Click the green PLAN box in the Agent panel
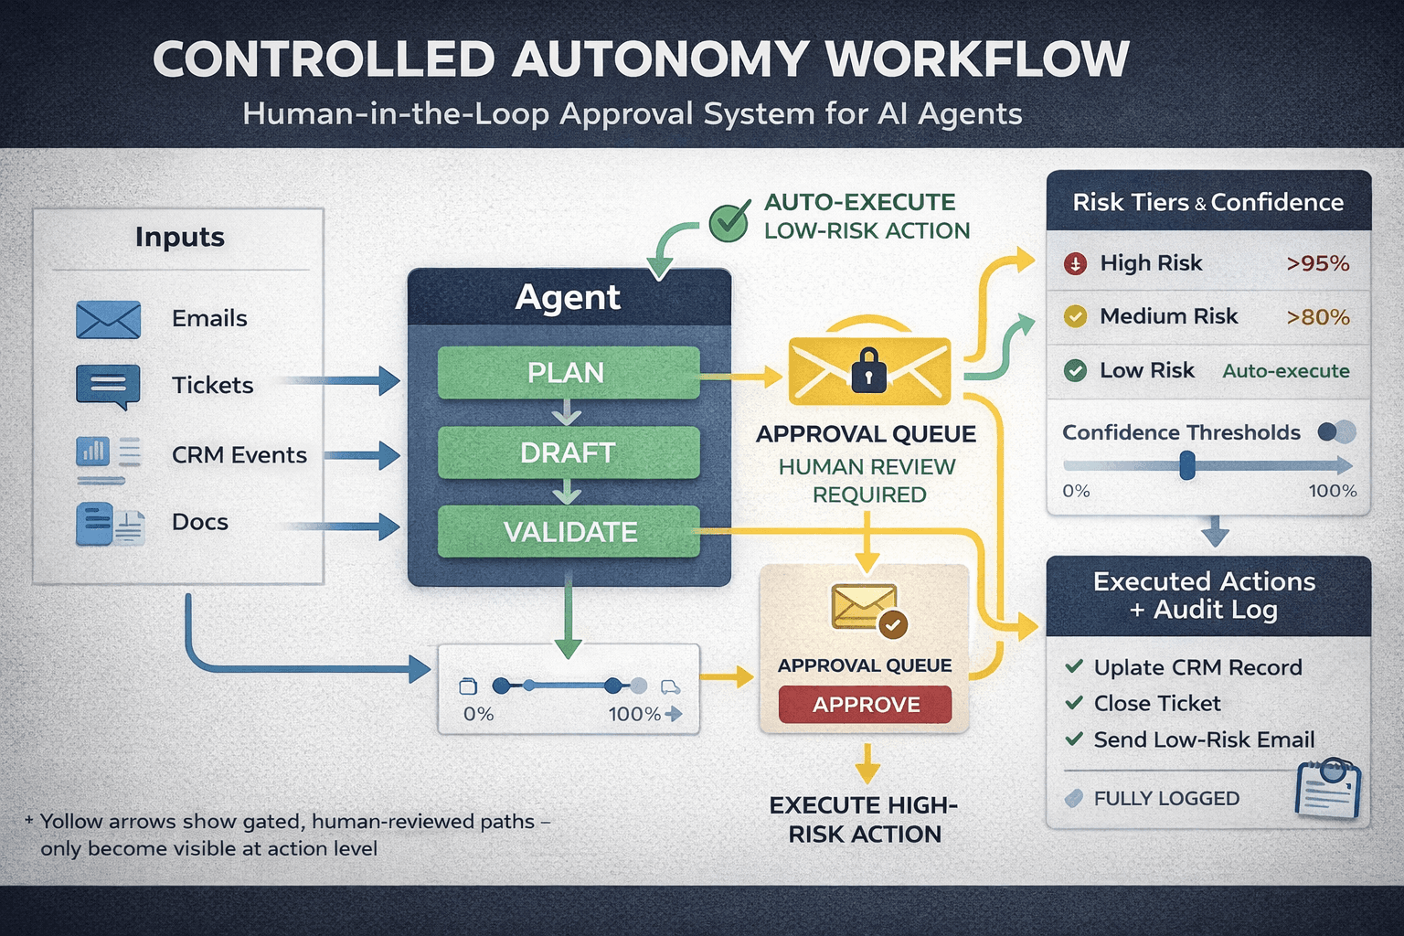[568, 373]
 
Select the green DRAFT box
[568, 452]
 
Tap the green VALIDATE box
[568, 532]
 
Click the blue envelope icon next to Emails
[108, 320]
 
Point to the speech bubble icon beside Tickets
[108, 386]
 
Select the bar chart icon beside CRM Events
[93, 451]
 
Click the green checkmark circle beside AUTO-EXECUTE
[729, 222]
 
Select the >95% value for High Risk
[1317, 264]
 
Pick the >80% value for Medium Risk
[1317, 317]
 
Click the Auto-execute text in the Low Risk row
[1285, 371]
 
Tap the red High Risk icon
[1076, 264]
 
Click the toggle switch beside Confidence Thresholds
[1336, 432]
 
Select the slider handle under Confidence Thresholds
[1186, 466]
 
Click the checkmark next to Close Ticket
[1074, 703]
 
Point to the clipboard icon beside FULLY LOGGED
[1327, 788]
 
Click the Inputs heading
[180, 237]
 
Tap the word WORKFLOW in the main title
[977, 59]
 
